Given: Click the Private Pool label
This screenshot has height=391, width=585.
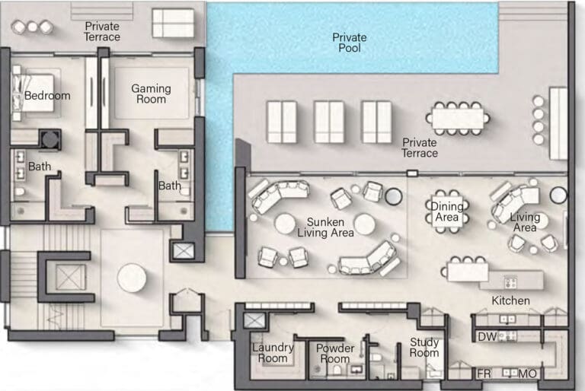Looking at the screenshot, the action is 349,43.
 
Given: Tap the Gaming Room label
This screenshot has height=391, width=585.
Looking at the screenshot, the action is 151,94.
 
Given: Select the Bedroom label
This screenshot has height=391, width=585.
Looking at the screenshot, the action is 47,96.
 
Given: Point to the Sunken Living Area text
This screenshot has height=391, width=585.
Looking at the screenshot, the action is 325,227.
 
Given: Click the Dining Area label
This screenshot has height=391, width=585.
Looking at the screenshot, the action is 447,211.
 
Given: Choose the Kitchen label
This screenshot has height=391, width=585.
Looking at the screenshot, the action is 510,300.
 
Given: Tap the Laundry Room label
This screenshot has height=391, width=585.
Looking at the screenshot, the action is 273,353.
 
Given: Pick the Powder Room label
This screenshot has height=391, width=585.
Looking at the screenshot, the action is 335,354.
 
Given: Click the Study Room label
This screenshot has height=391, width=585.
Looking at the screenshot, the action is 424,348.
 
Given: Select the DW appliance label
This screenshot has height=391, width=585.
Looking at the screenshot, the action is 487,336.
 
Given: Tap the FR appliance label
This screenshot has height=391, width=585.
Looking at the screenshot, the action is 484,373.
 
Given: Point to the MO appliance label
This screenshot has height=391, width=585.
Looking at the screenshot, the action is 528,374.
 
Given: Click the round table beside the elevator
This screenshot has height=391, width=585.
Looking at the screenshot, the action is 132,278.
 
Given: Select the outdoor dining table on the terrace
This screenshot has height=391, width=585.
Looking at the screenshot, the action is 458,118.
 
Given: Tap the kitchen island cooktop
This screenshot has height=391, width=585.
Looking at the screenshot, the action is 510,282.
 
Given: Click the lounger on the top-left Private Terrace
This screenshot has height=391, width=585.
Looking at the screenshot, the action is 173,23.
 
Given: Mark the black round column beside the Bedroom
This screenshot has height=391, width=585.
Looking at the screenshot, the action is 50,139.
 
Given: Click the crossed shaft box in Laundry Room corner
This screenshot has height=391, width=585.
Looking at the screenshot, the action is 254,320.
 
